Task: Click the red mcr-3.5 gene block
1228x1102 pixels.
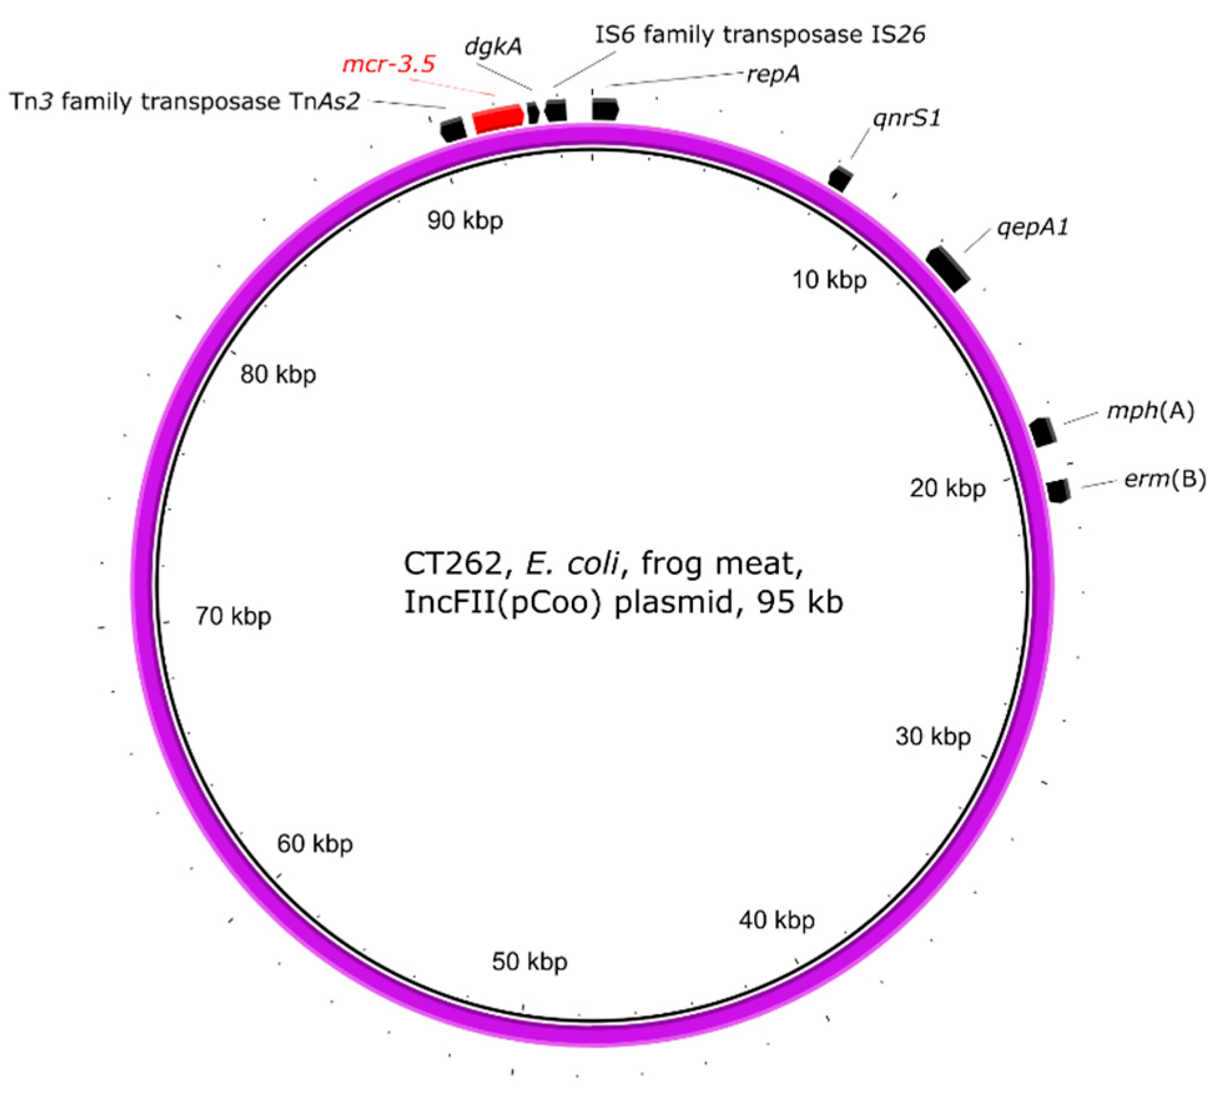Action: pos(498,119)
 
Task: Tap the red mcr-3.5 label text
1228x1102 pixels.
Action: pos(389,64)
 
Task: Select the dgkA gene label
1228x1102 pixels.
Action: pos(493,46)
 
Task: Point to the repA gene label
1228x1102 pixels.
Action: pos(773,74)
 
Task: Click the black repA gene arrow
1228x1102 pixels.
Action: pos(604,109)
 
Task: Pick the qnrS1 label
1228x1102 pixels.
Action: pos(906,118)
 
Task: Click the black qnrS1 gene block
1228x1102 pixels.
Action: pos(840,178)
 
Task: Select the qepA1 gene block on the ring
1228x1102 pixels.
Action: pos(948,268)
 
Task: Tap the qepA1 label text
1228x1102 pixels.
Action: pos(1033,227)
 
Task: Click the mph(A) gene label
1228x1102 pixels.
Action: pos(1150,411)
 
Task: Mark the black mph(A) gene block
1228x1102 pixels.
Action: pos(1043,432)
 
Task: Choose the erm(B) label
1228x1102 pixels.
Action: pos(1164,479)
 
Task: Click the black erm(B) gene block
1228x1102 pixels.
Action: pos(1058,490)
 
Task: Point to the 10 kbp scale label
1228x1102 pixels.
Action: pos(829,280)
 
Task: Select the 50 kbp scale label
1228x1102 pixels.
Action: pos(529,962)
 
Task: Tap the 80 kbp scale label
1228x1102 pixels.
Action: pos(278,374)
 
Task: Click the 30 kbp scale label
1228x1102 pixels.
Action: pos(933,737)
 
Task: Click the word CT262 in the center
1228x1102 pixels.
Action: pos(453,564)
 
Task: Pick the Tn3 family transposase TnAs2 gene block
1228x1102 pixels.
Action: pos(453,129)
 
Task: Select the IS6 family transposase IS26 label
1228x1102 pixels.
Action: pos(760,35)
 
